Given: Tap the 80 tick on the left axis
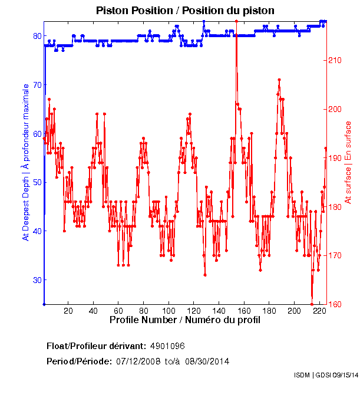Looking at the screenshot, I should coord(36,36).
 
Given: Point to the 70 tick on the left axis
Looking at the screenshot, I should coord(36,85).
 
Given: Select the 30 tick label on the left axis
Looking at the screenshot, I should coord(36,280).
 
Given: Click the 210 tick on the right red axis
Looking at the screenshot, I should coord(339,60).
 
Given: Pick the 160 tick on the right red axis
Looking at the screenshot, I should coord(339,304).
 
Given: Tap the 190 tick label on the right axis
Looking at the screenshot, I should coord(339,158).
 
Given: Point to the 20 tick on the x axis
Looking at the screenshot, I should coord(68,311).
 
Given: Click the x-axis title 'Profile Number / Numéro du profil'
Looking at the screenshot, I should coord(185,320).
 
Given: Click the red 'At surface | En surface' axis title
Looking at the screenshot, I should coord(348,162).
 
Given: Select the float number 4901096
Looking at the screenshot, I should coord(168,346).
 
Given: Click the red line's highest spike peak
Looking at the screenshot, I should coord(236,21).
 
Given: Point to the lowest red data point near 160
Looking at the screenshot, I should coord(312,304).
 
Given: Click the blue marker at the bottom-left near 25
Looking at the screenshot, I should coord(44,304).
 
